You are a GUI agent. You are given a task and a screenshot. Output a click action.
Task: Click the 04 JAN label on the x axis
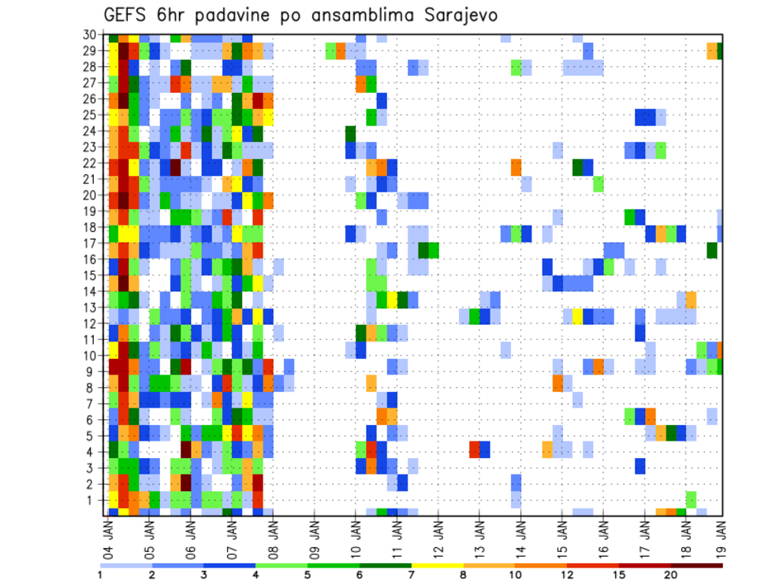109,537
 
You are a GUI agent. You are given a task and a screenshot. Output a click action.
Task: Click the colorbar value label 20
671,575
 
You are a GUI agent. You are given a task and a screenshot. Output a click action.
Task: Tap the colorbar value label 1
101,575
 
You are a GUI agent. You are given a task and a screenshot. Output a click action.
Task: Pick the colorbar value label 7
412,575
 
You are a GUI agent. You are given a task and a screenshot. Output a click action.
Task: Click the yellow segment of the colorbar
438,565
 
